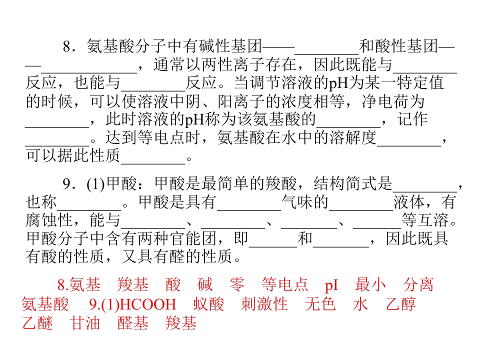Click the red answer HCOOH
pos(147,304)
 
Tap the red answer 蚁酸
pos(208,304)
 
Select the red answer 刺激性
pos(264,304)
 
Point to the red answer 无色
pos(320,304)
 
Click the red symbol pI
pos(331,285)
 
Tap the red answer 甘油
pos(85,323)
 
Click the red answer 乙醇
pos(400,304)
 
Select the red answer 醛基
pos(133,323)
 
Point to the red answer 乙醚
pos(37,323)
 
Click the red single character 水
pos(360,304)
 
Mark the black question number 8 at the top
pos(67,47)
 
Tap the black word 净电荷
pos(385,101)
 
